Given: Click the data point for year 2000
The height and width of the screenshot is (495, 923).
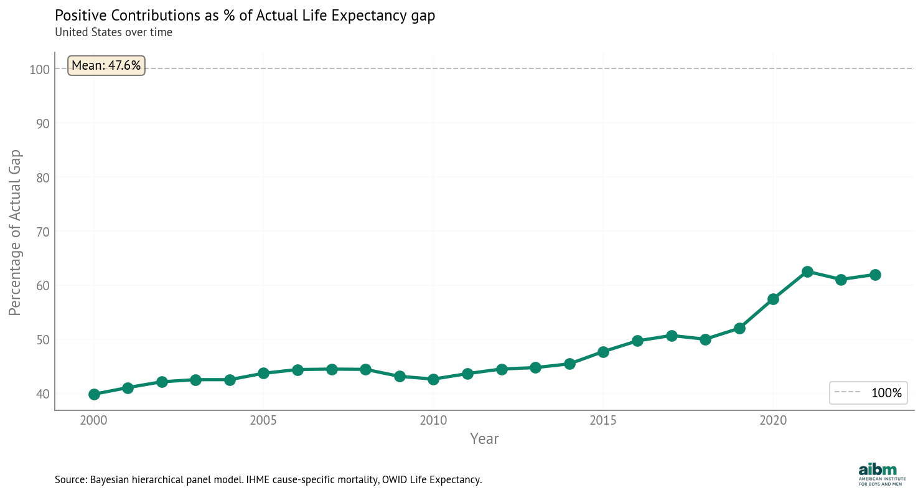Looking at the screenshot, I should pos(94,394).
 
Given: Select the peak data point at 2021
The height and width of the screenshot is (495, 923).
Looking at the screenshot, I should pos(807,271).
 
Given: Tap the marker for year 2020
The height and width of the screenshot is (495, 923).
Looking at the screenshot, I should pos(773,299).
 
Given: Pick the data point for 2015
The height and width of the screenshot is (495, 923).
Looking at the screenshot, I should pos(603,352).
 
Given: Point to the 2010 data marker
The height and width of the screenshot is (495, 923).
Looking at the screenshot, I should pos(433,379).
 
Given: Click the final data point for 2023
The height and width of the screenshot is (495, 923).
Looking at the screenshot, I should pos(875,275).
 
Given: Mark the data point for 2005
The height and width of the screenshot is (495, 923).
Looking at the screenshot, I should pos(263,373).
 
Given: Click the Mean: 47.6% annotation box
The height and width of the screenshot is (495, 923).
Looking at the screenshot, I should pos(106,65).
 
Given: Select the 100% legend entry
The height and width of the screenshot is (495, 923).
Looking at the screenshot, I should pos(869,393).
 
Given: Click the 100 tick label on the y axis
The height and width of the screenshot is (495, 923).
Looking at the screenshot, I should pos(39,69).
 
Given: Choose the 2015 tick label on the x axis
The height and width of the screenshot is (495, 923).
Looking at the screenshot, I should pos(603,420).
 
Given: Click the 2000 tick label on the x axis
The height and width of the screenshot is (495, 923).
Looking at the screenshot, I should pos(94,420).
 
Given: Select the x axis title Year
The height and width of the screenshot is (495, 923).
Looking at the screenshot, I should pos(484,439).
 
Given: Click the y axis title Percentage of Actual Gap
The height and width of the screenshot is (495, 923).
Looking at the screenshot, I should pos(15,232).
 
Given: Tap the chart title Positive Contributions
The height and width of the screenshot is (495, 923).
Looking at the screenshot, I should pos(245,16).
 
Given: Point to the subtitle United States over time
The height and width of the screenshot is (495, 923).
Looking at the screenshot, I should pos(113,32).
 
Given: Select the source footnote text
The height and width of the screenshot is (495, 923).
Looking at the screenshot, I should pos(268,480).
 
